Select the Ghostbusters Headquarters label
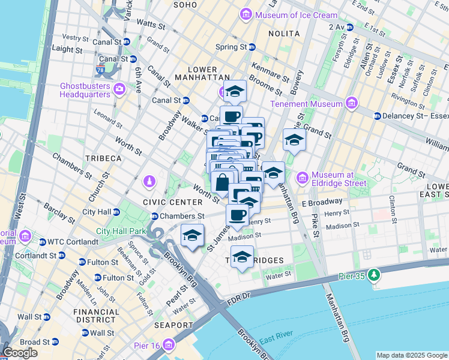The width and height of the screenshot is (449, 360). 85,89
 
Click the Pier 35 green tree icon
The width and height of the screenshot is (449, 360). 375,275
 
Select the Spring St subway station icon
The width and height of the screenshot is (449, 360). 252,46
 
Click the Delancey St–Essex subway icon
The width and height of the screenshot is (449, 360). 378,116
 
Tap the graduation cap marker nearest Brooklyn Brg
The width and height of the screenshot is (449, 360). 192,235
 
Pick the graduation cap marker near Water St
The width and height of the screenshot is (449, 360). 242,257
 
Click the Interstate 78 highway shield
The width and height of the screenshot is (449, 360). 100,71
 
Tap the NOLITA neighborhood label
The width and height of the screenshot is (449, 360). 284,34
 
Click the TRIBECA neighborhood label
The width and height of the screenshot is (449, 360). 103,158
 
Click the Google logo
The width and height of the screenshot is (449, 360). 20,353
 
